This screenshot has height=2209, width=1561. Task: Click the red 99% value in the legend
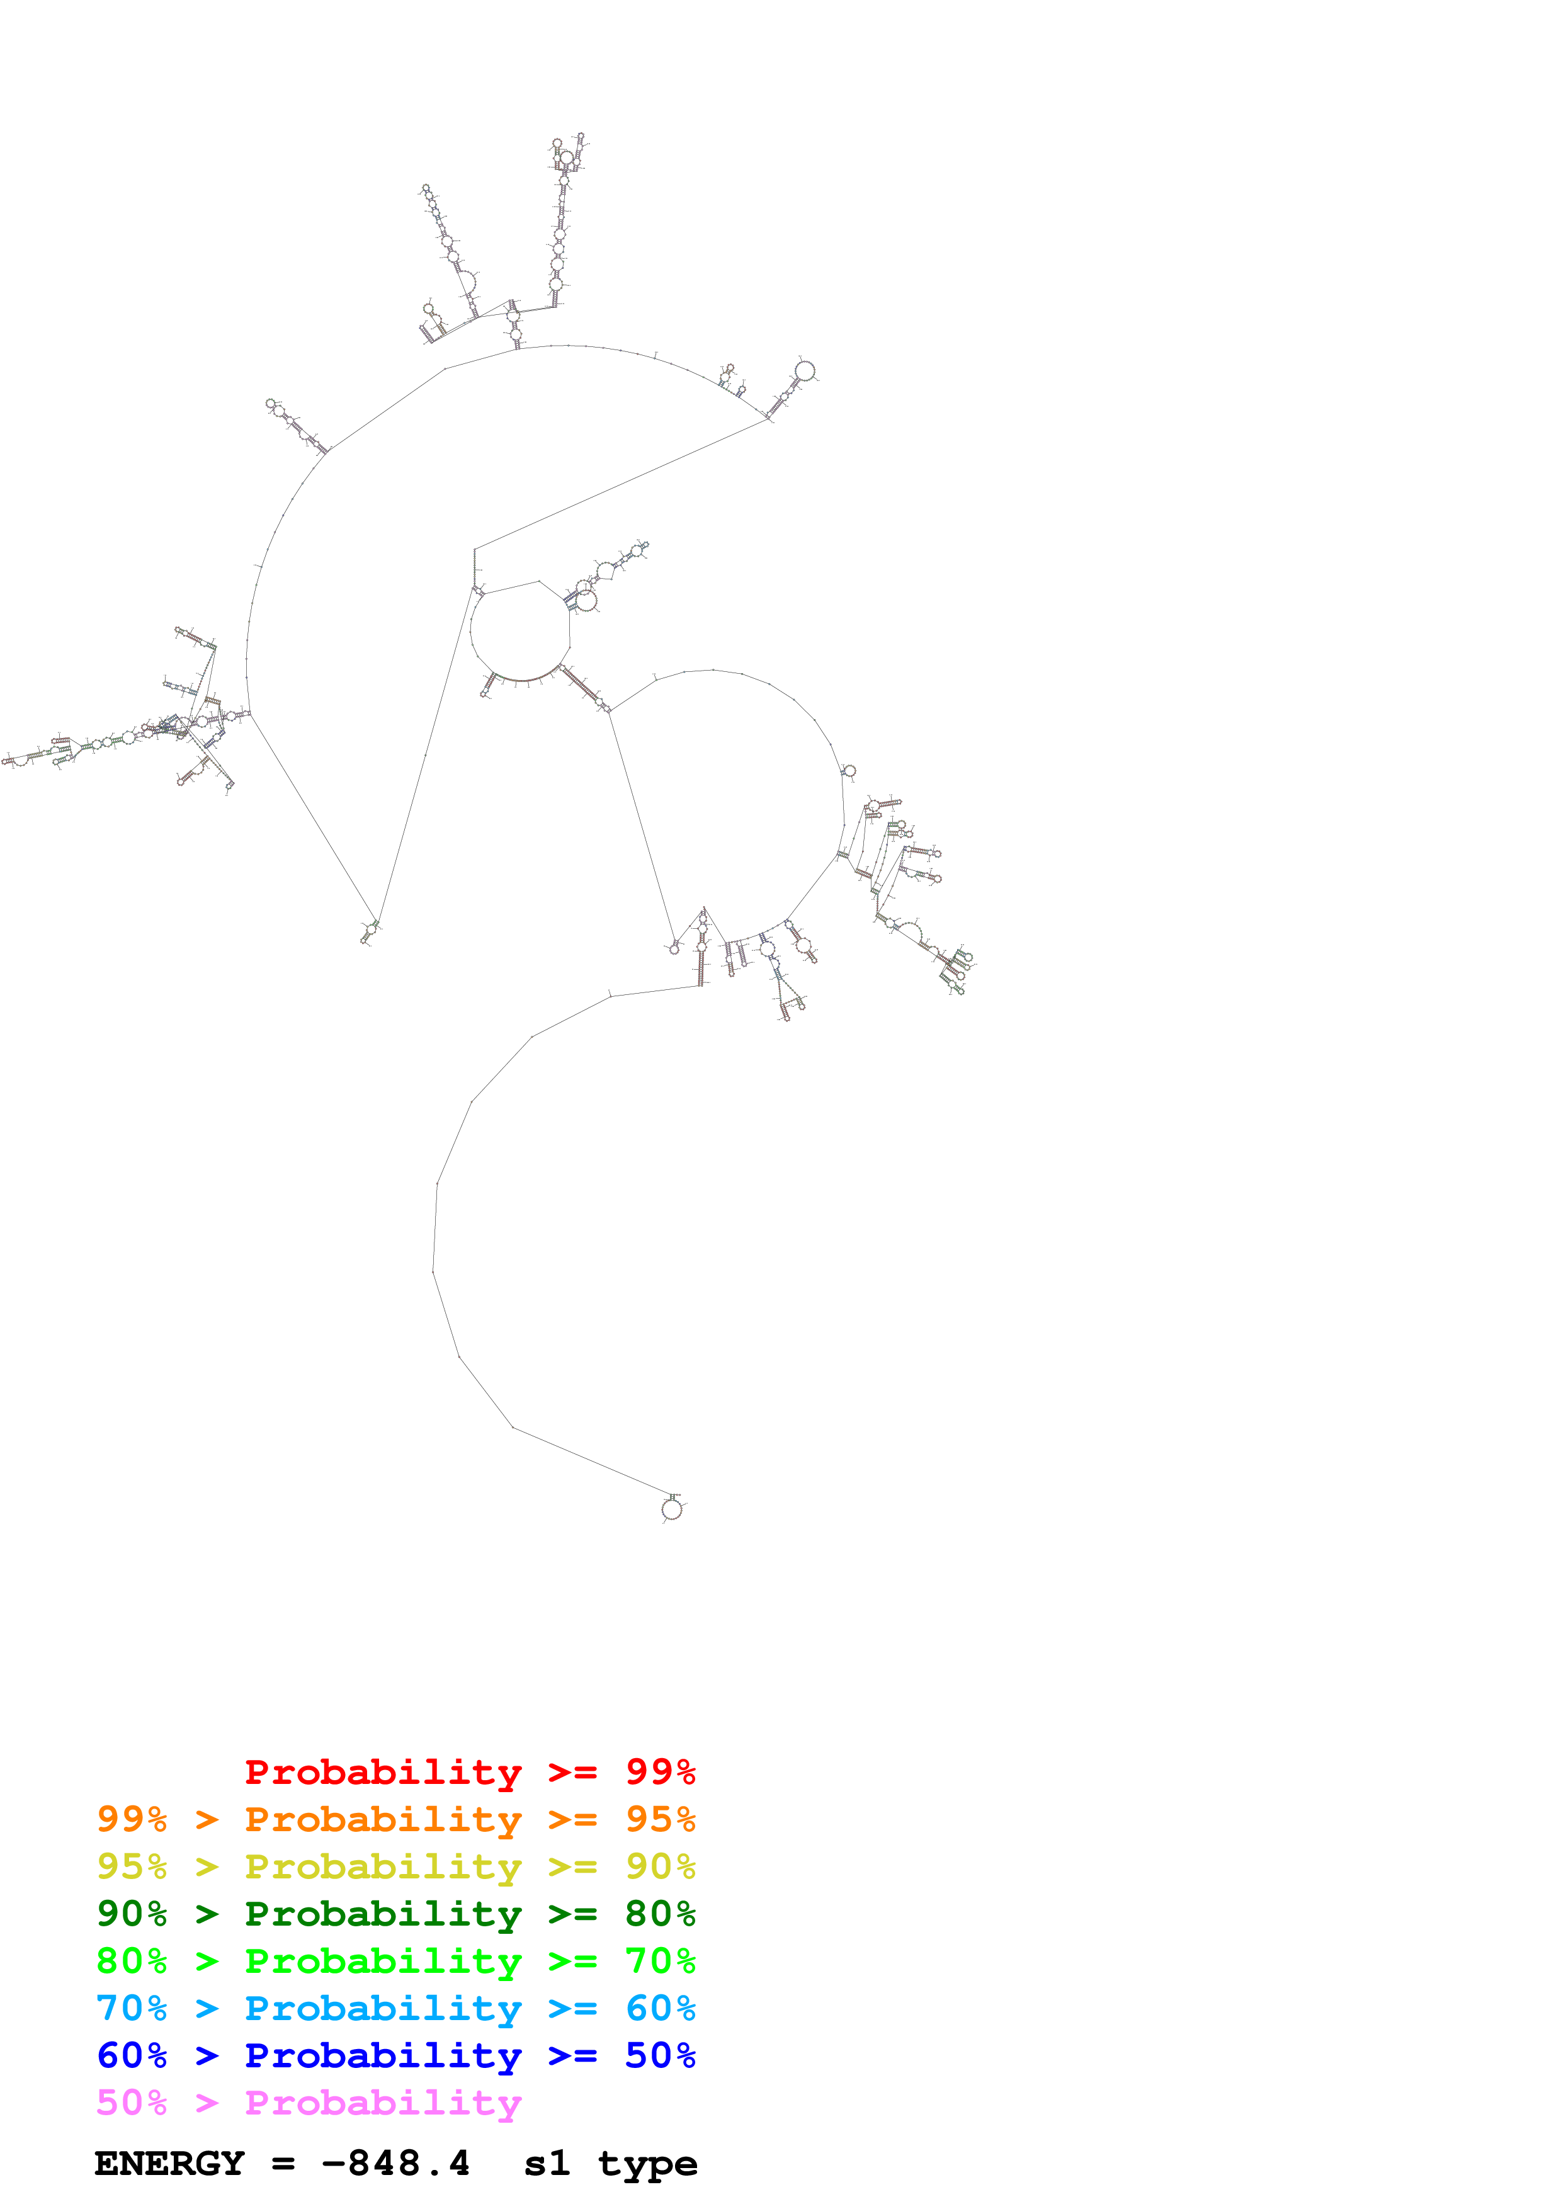pos(660,1771)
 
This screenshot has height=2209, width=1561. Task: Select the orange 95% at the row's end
pos(660,1819)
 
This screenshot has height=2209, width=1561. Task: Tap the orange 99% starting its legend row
pos(132,1819)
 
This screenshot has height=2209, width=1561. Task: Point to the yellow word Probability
pos(383,1866)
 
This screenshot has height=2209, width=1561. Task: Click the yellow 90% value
pos(660,1866)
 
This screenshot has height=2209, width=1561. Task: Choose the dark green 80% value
pos(660,1914)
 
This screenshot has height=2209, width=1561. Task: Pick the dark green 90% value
pos(132,1914)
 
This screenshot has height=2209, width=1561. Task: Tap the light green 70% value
pos(660,1961)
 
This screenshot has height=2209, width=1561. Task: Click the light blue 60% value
pos(660,2008)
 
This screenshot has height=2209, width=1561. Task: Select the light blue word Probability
pos(383,2008)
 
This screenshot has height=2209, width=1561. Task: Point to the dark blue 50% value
pos(660,2055)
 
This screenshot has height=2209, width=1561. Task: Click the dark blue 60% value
pos(132,2055)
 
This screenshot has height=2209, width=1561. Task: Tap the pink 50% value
pos(132,2102)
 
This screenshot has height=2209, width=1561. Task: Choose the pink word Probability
pos(383,2102)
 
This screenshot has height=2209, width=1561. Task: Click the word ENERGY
pos(169,2164)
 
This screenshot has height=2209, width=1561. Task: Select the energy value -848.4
pos(395,2164)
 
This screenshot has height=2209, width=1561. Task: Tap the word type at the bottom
pos(647,2164)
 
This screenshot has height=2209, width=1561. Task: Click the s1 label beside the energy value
pos(547,2164)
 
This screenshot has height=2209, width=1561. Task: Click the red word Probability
pos(383,1771)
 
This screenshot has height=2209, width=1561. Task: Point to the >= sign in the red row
pos(572,1771)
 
